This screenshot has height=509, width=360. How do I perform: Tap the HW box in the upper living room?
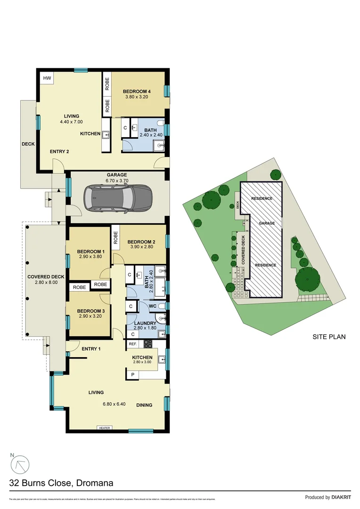[47, 78]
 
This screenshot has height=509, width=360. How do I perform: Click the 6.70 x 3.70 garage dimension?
[116, 181]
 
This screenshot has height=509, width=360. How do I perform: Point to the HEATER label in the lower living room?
[104, 428]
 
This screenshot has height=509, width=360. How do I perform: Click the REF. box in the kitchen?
[132, 344]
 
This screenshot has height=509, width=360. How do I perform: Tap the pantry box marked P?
[133, 374]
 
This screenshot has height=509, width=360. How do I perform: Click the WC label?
[152, 306]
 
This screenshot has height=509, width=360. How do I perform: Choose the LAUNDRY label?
[146, 323]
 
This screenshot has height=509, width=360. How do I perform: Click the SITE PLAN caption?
[329, 337]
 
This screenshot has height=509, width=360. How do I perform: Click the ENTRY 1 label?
[91, 349]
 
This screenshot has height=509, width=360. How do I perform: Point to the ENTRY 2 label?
[59, 151]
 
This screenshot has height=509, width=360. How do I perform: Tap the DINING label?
[144, 405]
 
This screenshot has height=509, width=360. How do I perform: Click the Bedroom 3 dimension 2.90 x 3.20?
[90, 317]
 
